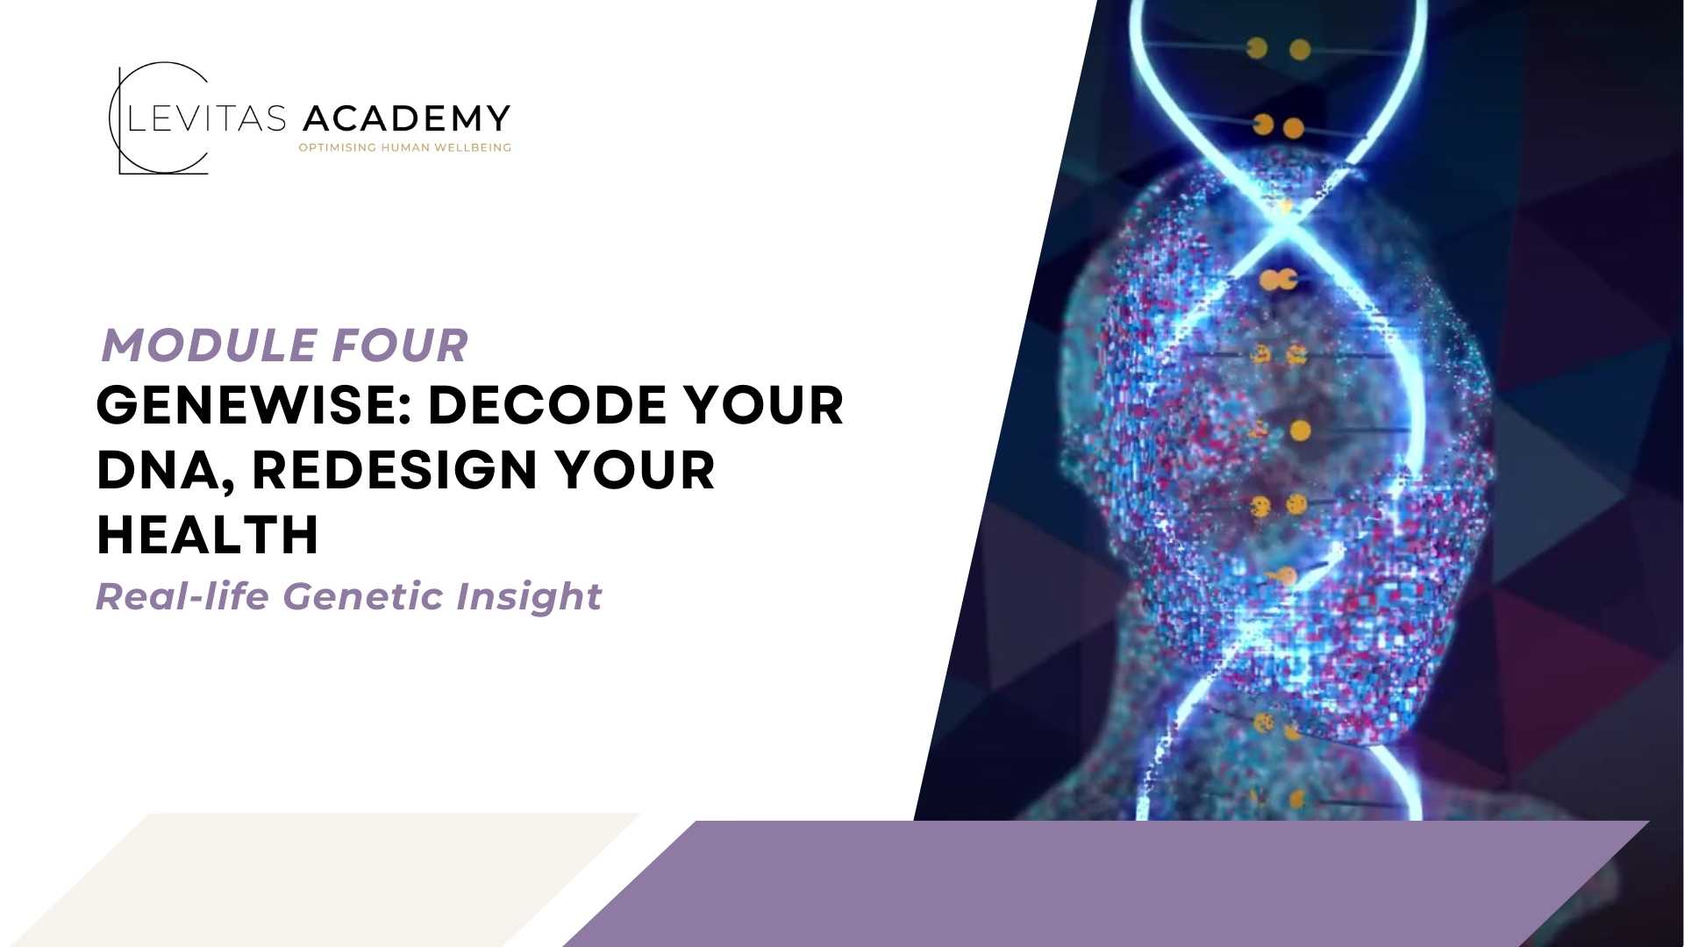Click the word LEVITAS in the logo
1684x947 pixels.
(x=207, y=118)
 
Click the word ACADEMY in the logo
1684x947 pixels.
(x=406, y=118)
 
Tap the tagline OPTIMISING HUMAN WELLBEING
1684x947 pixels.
(x=404, y=147)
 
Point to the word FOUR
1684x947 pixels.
(x=400, y=345)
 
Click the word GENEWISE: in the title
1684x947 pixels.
(x=254, y=405)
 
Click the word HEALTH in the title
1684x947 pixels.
(x=207, y=535)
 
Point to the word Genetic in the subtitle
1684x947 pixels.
(x=363, y=596)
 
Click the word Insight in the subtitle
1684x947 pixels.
(x=529, y=598)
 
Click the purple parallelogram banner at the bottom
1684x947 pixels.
(x=1105, y=884)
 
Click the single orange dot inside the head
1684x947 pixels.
(x=1301, y=431)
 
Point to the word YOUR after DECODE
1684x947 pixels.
(x=763, y=405)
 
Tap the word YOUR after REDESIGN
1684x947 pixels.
(x=634, y=470)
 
